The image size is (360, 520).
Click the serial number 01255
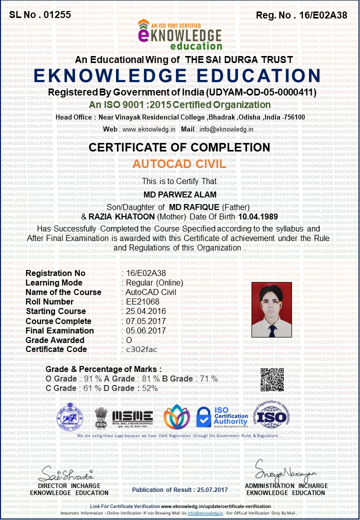tap(57, 14)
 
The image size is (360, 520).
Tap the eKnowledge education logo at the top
tap(179, 35)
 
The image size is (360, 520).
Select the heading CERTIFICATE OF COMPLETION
tap(179, 147)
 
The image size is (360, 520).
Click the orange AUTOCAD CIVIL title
tap(179, 164)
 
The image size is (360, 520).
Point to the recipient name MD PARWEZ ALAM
tap(179, 194)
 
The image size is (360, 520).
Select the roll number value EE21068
tap(142, 301)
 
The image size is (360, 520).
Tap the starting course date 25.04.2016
tap(145, 311)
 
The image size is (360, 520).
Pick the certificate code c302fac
tap(141, 349)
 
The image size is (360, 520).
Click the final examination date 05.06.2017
tap(145, 330)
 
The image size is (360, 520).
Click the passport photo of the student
tap(271, 309)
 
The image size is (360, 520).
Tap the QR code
tap(272, 379)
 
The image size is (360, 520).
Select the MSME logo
tap(132, 416)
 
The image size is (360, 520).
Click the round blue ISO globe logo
tap(272, 416)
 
